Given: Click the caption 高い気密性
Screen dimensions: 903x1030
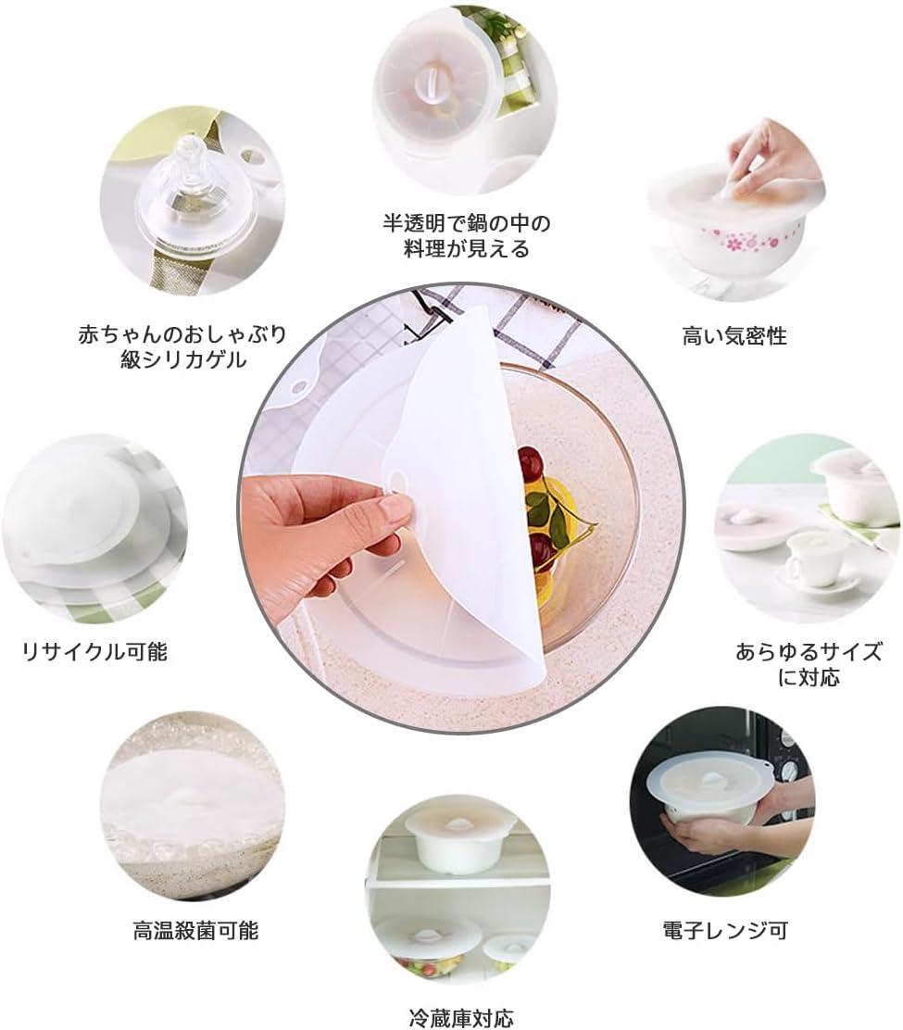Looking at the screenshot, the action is pyautogui.click(x=734, y=337).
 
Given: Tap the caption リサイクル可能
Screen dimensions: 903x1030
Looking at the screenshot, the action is pyautogui.click(x=95, y=652).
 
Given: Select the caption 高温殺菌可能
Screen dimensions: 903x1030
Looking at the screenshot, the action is pyautogui.click(x=195, y=931).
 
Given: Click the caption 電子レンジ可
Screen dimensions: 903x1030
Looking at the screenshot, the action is pyautogui.click(x=724, y=930).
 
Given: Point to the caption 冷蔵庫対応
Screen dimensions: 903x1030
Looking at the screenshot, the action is pyautogui.click(x=461, y=1018).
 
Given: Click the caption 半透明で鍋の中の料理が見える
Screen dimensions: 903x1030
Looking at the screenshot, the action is pyautogui.click(x=466, y=236).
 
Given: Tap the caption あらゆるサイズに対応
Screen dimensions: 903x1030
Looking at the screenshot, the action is pyautogui.click(x=809, y=664).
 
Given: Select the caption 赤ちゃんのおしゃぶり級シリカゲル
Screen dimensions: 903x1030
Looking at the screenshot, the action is pyautogui.click(x=182, y=346).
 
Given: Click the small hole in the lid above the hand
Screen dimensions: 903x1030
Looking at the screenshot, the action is pyautogui.click(x=398, y=478).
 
